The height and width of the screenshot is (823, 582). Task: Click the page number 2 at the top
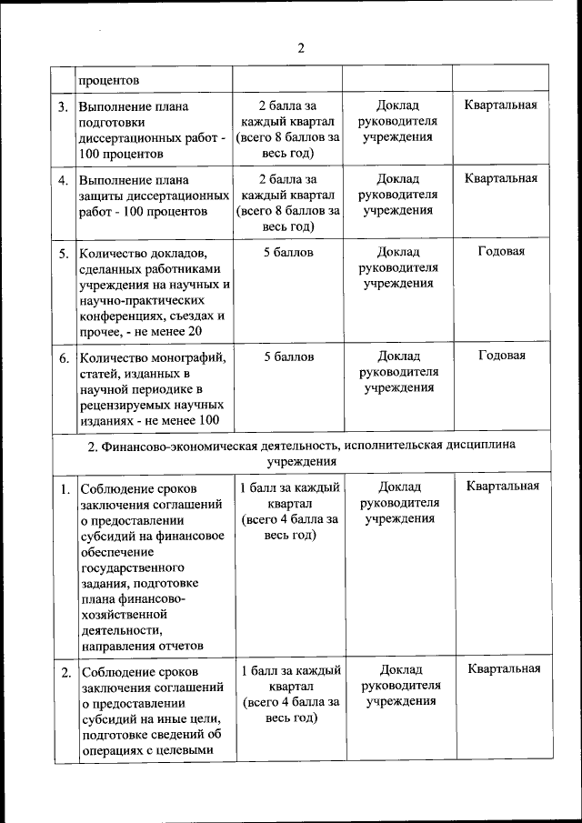[300, 48]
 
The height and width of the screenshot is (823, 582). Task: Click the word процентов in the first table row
[108, 80]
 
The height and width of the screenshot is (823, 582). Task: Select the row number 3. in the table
[63, 106]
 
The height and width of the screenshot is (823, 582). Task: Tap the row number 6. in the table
[64, 357]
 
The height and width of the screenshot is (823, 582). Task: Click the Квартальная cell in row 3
[501, 105]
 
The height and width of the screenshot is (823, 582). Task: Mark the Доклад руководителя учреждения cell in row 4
[398, 195]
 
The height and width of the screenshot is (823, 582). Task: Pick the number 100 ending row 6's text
[208, 419]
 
